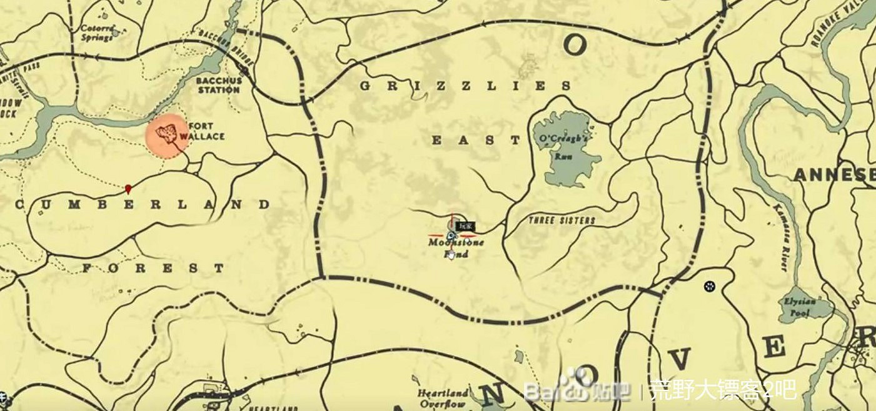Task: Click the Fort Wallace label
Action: click(x=202, y=131)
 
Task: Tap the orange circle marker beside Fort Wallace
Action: click(x=167, y=136)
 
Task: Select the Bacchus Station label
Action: click(x=218, y=85)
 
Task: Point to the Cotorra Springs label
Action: click(x=97, y=32)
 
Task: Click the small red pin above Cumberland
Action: click(x=128, y=187)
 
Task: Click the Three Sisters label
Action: click(x=562, y=220)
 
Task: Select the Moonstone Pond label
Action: click(x=456, y=247)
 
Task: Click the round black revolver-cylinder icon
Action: click(x=709, y=286)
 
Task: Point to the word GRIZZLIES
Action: click(x=466, y=86)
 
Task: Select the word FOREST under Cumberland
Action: click(x=154, y=269)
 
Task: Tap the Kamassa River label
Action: click(x=781, y=237)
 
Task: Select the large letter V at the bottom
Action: click(x=680, y=358)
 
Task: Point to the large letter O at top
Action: click(x=575, y=45)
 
